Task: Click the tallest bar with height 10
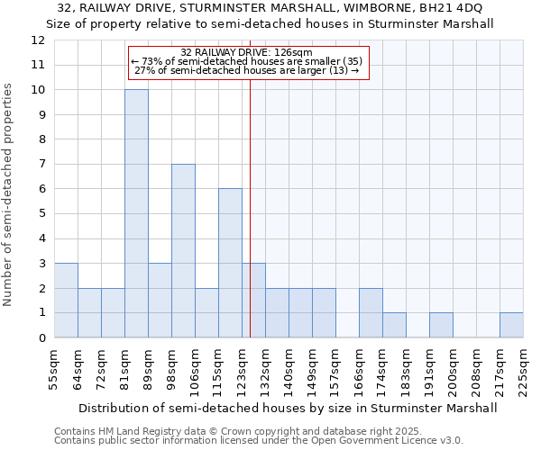tap(136, 213)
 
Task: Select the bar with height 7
tap(183, 250)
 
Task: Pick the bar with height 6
tap(230, 263)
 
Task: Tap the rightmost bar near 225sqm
tap(511, 325)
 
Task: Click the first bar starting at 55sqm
tap(66, 301)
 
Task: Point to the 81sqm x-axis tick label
tap(125, 367)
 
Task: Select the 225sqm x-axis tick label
tap(524, 369)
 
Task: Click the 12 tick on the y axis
tap(38, 40)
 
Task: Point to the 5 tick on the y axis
tap(41, 214)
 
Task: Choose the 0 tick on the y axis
tap(41, 338)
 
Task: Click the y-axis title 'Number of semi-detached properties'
tap(8, 194)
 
